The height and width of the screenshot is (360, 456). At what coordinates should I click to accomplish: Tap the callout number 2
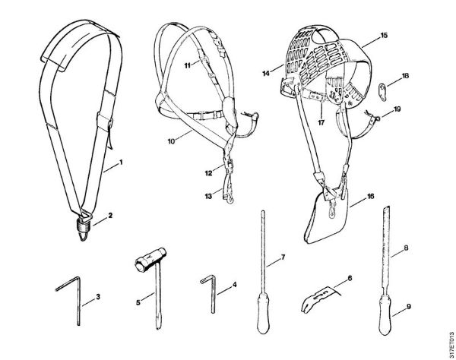111,215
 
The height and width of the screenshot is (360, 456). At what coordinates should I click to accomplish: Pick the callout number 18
405,76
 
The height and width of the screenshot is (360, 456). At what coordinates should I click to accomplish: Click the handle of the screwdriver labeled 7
262,322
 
